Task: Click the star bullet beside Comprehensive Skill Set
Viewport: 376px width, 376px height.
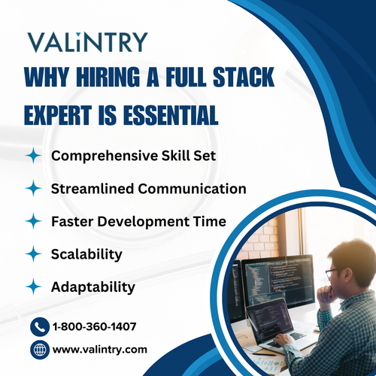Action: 32,156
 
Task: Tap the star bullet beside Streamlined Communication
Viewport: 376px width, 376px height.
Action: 32,188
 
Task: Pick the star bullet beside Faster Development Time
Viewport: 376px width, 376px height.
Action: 32,221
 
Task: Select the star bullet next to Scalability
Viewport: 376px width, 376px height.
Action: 32,254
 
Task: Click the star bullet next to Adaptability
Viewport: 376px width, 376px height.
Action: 32,287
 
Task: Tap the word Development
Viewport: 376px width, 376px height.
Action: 143,221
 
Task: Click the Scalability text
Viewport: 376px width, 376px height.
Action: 86,254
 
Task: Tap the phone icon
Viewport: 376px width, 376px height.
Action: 40,327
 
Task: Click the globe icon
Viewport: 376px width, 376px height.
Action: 40,350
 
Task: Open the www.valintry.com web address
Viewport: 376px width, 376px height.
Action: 99,350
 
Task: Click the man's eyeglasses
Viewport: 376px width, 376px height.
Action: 333,272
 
